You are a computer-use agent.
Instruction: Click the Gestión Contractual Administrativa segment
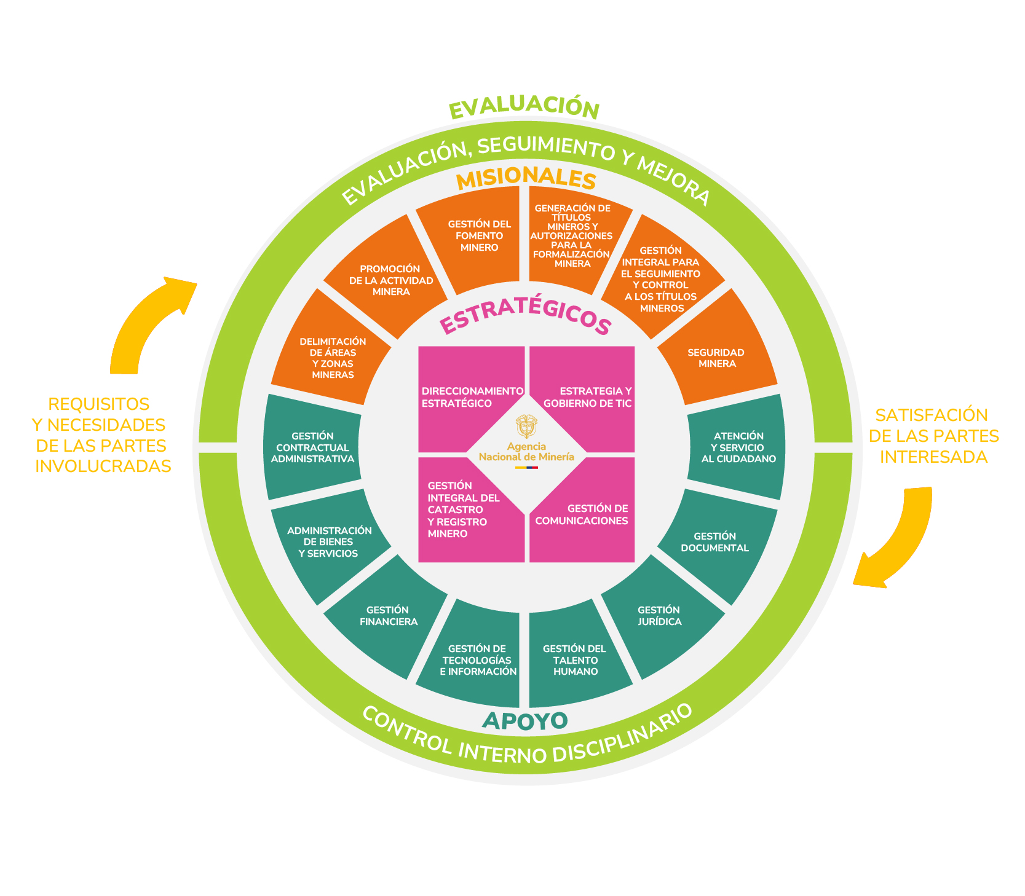click(x=312, y=447)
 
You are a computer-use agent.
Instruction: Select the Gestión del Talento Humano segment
click(x=575, y=661)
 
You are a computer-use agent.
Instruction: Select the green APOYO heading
click(x=524, y=721)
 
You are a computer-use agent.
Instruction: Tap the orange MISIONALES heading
click(x=526, y=178)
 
